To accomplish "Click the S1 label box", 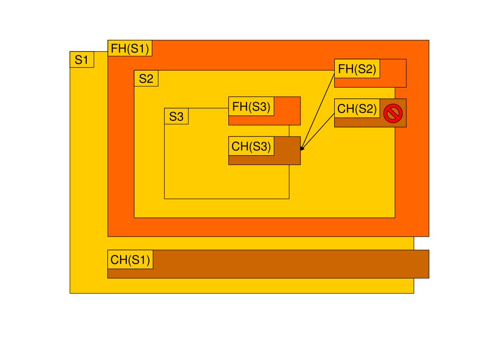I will click(82, 60).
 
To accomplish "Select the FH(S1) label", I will click(130, 48).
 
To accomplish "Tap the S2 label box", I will click(146, 78).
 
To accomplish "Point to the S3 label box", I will click(176, 116).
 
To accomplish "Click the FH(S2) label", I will click(357, 69).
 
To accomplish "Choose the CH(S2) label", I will click(357, 109).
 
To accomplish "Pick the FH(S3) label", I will click(251, 106).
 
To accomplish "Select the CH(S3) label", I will click(251, 146).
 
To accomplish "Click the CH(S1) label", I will click(130, 259).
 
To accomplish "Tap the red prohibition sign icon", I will click(393, 113).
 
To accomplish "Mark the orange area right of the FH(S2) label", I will click(393, 68).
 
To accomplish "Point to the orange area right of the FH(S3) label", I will click(287, 107).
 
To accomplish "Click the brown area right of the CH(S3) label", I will click(287, 147).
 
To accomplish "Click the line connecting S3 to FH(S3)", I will click(208, 108).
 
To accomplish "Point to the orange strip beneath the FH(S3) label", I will click(251, 120).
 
